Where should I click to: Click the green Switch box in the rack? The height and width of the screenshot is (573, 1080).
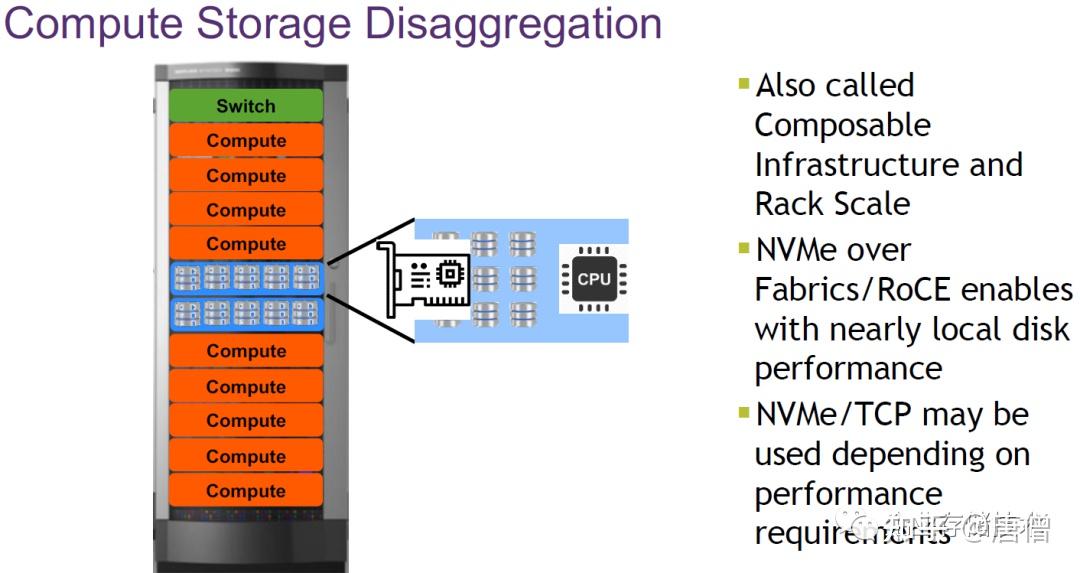pos(245,106)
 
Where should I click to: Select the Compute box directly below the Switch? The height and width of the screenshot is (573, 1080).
pos(245,141)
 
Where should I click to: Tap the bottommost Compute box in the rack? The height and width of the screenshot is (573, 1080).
pos(245,491)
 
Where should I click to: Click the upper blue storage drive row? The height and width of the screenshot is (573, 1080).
pos(245,277)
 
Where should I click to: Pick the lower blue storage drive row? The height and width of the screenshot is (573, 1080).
pos(245,313)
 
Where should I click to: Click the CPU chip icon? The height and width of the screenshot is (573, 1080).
pos(593,279)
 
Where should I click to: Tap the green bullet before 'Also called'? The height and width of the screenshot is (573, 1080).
pos(743,83)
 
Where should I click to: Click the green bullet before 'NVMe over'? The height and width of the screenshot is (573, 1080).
pos(743,247)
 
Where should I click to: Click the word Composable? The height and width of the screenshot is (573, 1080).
pos(842,126)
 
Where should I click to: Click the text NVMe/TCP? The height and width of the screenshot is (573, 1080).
pos(834,414)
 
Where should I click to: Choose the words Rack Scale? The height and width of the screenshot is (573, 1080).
pos(832,204)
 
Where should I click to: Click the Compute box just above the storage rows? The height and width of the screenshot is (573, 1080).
pos(245,244)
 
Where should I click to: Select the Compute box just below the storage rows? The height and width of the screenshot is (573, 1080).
pos(245,351)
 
